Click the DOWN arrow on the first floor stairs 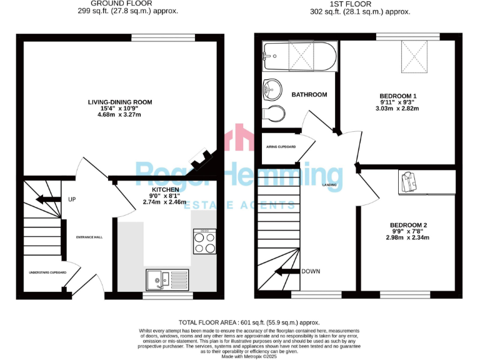click(287, 272)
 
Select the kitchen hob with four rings click(204, 242)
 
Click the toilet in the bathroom click(276, 114)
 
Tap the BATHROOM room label click(309, 95)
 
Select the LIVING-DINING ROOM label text click(120, 102)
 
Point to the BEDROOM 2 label click(408, 225)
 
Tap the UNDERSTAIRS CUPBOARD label click(46, 272)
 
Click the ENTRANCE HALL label click(89, 237)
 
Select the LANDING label click(330, 185)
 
